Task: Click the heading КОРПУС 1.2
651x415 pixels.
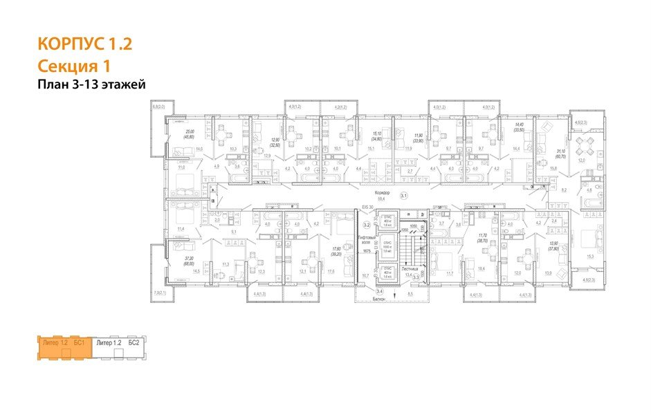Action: (84, 46)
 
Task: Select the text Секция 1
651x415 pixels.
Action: (73, 66)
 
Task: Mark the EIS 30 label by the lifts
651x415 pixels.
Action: (365, 207)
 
